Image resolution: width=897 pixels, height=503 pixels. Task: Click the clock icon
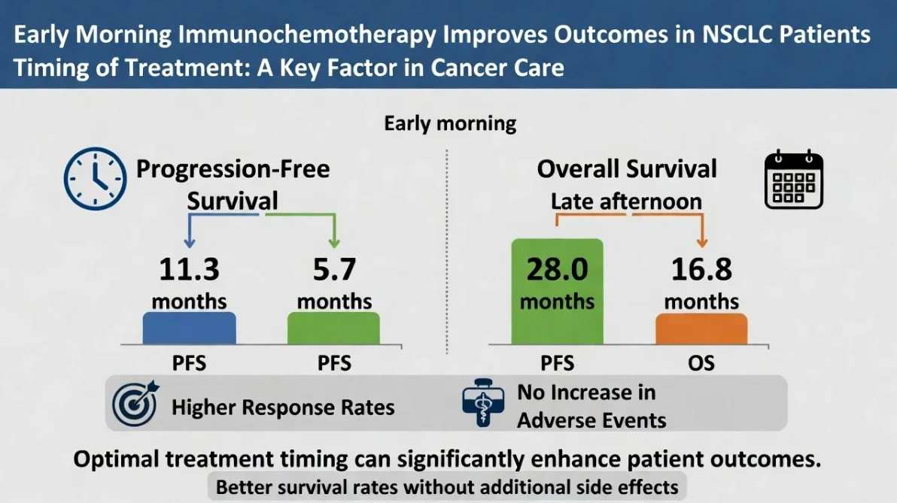click(x=95, y=180)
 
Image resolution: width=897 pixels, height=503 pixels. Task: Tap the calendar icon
click(x=794, y=180)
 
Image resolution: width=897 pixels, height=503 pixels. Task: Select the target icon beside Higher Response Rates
click(x=135, y=405)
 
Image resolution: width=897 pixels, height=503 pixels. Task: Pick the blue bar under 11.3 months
click(x=190, y=329)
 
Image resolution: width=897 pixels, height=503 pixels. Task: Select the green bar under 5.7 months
click(x=333, y=329)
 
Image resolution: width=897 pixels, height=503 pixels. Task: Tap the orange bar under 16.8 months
click(x=701, y=329)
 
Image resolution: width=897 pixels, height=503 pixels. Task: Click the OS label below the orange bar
click(x=701, y=364)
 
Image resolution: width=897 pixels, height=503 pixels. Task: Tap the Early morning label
click(x=450, y=123)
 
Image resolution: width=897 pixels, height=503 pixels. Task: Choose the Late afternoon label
click(x=626, y=202)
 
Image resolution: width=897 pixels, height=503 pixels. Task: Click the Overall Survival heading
click(x=627, y=169)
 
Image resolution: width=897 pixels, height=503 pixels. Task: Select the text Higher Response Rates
click(x=283, y=408)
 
